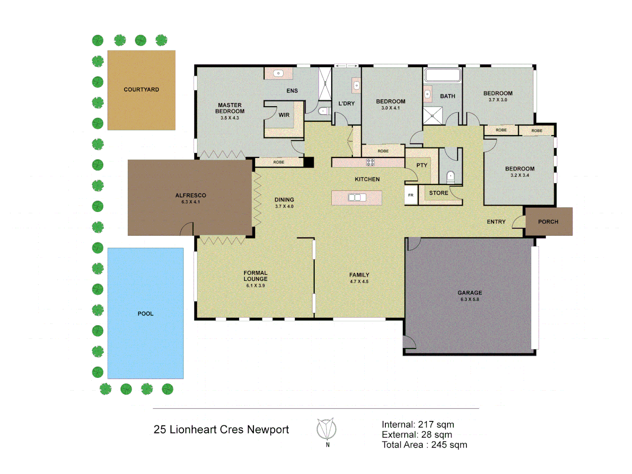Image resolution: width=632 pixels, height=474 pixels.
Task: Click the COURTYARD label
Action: click(x=141, y=90)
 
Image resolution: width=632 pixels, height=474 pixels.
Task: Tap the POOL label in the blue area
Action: click(x=145, y=314)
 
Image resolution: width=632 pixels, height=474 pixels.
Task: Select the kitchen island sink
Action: click(x=357, y=197)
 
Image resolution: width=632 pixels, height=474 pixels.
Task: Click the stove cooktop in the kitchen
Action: click(x=370, y=162)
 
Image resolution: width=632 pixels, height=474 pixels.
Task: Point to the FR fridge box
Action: click(x=411, y=195)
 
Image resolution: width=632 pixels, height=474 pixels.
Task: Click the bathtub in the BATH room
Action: click(x=443, y=75)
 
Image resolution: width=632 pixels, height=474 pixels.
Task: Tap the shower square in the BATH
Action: click(x=433, y=116)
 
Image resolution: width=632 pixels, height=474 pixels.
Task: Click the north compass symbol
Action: click(x=327, y=429)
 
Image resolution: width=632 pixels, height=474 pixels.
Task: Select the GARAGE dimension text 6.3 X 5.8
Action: click(x=470, y=299)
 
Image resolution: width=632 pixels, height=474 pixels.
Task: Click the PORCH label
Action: click(x=548, y=222)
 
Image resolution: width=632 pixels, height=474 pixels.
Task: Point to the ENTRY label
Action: click(x=496, y=222)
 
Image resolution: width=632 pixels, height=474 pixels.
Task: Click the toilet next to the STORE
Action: click(x=450, y=177)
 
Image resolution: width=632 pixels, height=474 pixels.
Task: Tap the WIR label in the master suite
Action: click(x=284, y=115)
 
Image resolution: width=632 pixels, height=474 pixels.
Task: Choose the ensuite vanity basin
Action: click(x=278, y=73)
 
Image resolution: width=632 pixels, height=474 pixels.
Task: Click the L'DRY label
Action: click(x=346, y=104)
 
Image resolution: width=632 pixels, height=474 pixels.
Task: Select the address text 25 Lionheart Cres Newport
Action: click(x=221, y=429)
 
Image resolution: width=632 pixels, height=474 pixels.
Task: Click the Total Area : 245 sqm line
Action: click(x=424, y=445)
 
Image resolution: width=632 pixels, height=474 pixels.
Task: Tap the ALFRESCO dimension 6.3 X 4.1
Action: click(x=190, y=202)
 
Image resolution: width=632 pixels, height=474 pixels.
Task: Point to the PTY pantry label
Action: click(x=422, y=165)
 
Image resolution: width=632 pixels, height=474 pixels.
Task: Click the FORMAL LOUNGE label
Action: click(x=255, y=276)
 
